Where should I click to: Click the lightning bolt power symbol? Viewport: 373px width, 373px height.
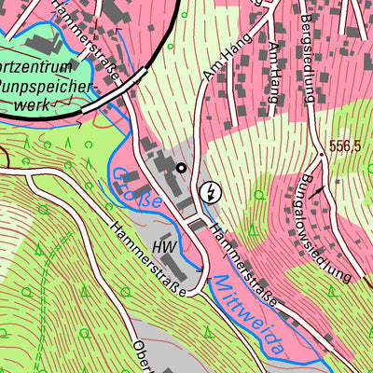tap(212, 192)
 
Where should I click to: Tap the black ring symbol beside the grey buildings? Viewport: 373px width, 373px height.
tap(182, 168)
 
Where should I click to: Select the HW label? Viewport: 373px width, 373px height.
tap(164, 247)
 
